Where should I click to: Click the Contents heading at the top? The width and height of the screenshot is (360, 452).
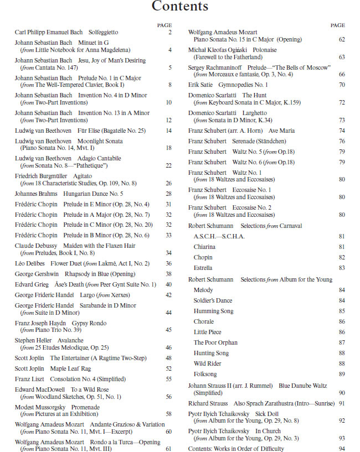pos(180,7)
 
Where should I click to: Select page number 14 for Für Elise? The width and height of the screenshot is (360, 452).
pos(168,131)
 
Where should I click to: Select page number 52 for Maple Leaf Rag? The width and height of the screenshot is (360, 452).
pos(168,368)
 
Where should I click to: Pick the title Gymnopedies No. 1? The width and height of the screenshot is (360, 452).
pos(235,85)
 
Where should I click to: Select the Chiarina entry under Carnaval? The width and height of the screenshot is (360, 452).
pos(204,247)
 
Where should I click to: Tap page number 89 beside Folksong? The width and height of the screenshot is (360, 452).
pos(342,375)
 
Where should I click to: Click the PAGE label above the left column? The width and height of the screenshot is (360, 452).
pos(164,25)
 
